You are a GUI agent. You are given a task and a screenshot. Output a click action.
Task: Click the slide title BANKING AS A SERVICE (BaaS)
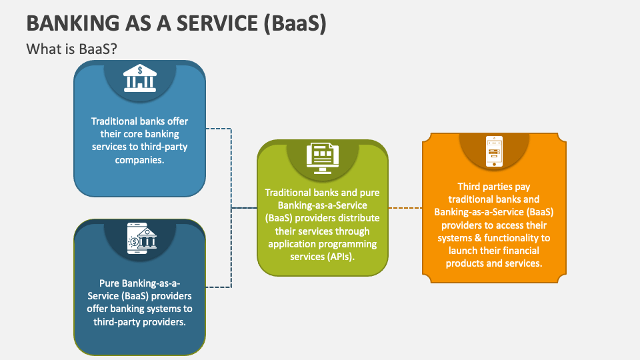[x=176, y=23]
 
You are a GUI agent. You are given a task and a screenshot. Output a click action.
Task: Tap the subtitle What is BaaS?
[x=72, y=49]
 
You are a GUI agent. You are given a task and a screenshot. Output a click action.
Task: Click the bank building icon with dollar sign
[x=139, y=78]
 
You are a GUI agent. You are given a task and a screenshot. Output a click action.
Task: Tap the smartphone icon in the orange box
[x=493, y=152]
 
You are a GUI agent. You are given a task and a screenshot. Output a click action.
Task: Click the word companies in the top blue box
[x=139, y=160]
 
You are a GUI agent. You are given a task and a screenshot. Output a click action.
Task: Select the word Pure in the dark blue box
[x=110, y=283]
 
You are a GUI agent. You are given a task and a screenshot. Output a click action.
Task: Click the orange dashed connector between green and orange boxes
[x=405, y=208]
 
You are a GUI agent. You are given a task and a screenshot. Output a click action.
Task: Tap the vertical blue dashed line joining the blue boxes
[x=231, y=207]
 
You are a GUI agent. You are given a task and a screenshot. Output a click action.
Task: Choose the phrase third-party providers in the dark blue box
[x=139, y=321]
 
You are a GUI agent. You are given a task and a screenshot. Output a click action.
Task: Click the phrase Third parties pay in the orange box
[x=493, y=187]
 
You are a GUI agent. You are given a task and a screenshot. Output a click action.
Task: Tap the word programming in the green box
[x=350, y=243]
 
